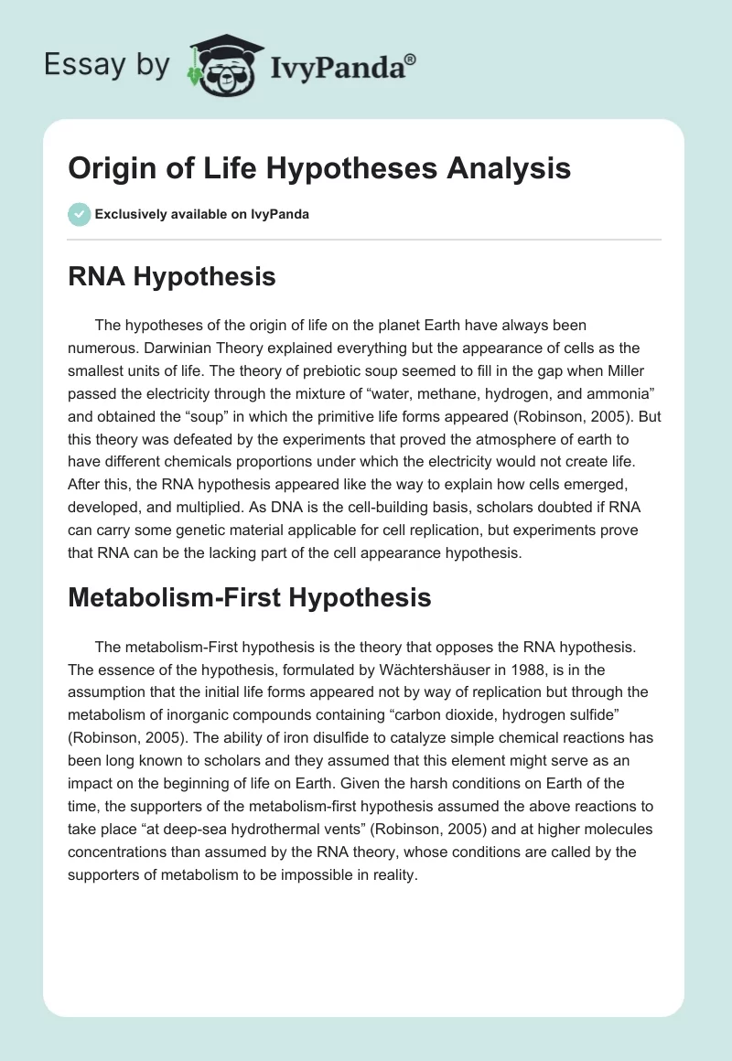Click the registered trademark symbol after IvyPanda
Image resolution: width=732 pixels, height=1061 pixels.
tap(410, 59)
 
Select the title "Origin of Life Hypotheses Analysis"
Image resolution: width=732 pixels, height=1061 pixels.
tap(319, 169)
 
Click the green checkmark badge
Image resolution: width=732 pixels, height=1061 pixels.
tap(79, 214)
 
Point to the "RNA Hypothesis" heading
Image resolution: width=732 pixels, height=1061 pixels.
tap(172, 276)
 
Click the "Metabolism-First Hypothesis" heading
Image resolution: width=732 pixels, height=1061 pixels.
tap(250, 597)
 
